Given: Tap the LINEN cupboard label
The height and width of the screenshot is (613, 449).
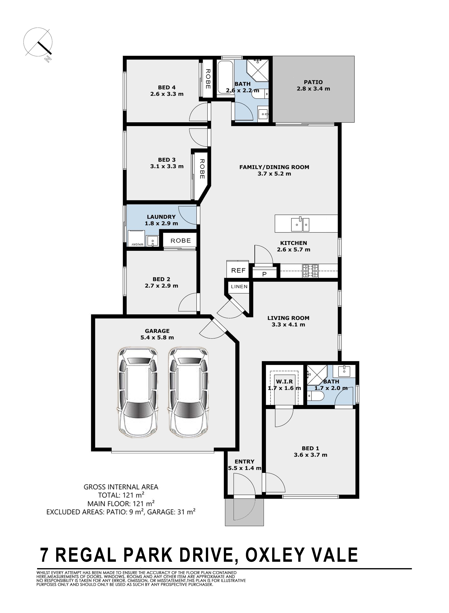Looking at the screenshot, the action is tap(239, 287).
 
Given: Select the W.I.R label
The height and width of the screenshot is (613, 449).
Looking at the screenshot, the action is tap(284, 381).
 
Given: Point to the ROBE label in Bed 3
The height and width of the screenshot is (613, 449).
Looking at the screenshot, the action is tap(202, 169).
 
